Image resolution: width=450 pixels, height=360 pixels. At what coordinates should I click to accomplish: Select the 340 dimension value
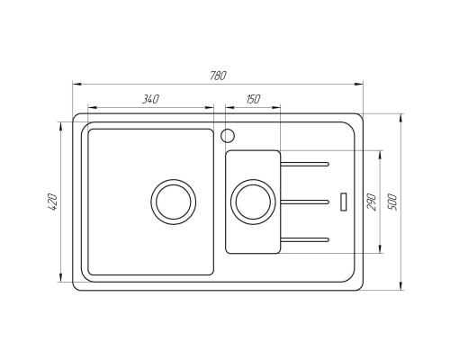point(150,99)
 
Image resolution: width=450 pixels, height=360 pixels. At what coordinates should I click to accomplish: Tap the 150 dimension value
point(252,99)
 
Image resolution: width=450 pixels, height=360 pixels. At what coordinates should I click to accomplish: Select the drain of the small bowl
point(252,201)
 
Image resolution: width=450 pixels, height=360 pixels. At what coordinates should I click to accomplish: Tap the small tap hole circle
point(227,137)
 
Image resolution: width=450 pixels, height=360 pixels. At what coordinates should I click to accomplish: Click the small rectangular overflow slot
point(342,201)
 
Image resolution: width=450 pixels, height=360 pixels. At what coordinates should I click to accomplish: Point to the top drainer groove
point(306,164)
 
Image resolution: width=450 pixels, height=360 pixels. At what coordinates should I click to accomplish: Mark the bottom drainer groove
point(306,238)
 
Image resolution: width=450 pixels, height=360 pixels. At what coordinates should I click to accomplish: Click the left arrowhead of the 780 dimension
point(76,84)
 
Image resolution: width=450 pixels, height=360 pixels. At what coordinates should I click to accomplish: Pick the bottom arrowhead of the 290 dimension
point(382,251)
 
